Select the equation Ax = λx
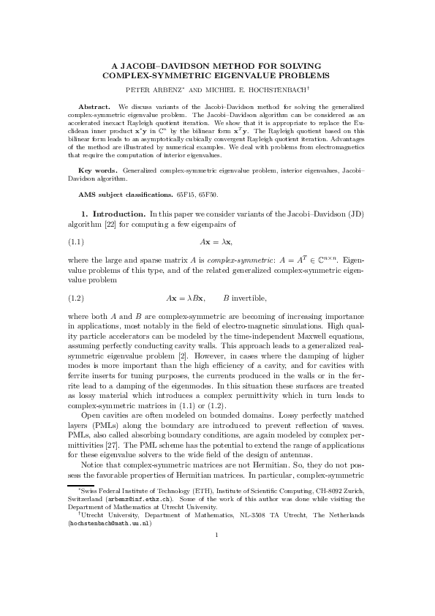click(216, 240)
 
